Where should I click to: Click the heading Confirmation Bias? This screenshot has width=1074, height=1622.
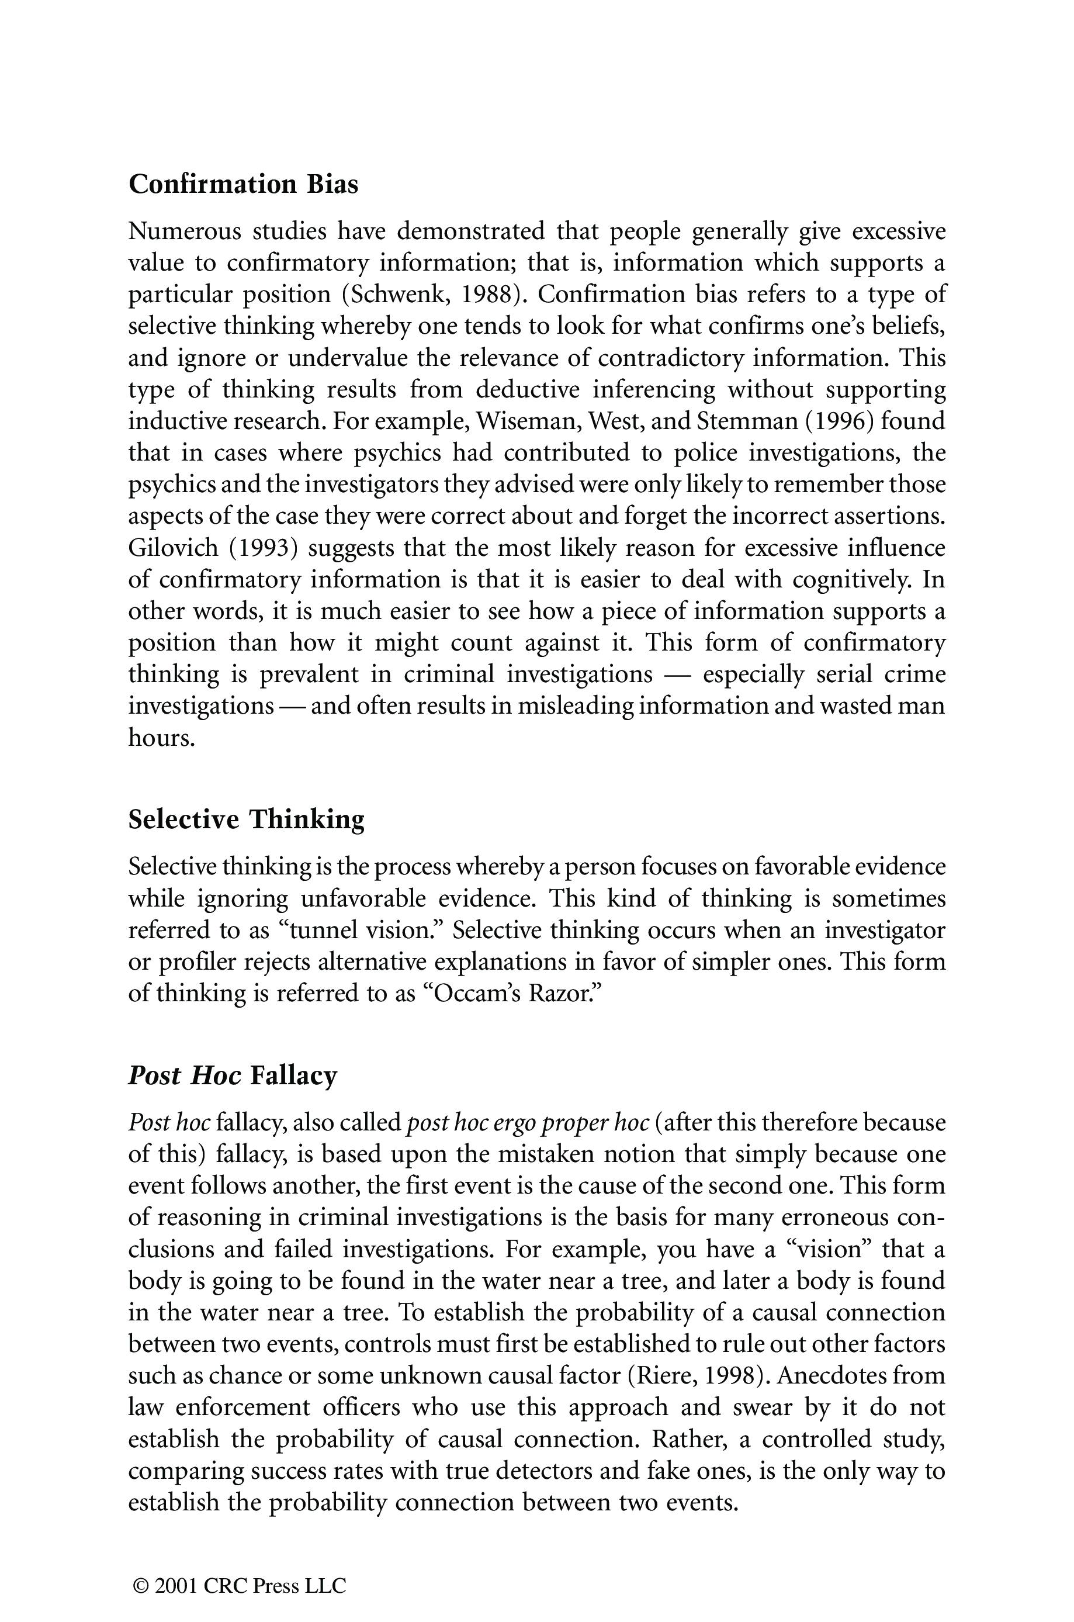(243, 185)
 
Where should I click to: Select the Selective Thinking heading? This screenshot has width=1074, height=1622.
(247, 819)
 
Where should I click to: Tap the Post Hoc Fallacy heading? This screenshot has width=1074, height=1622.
(233, 1075)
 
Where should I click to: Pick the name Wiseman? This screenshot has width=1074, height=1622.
(518, 421)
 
